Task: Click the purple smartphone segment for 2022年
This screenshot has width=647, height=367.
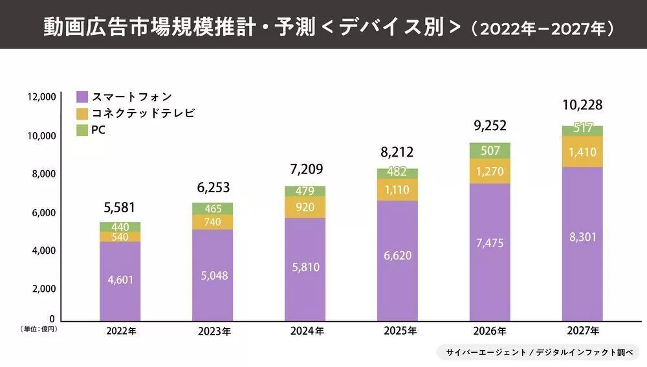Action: tap(120, 281)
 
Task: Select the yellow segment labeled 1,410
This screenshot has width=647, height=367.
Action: tap(582, 152)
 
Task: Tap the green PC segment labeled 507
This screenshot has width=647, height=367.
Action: tap(490, 151)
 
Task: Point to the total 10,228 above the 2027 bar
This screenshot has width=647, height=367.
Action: tap(582, 106)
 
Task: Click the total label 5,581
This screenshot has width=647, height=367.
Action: tap(120, 208)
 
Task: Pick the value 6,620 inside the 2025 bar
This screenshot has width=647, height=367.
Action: tap(397, 255)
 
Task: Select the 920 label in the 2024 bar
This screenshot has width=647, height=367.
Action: tap(305, 208)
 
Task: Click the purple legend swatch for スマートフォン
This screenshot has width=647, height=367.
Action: tap(82, 97)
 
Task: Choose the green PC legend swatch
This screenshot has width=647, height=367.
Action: tap(82, 130)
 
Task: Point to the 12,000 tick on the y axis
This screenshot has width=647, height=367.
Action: tap(41, 97)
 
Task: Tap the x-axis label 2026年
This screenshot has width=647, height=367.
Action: tap(490, 331)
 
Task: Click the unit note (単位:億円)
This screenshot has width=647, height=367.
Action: tap(39, 330)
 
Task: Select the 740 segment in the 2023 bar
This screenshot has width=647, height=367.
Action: tap(212, 222)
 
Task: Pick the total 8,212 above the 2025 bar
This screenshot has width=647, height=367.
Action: tap(397, 152)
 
